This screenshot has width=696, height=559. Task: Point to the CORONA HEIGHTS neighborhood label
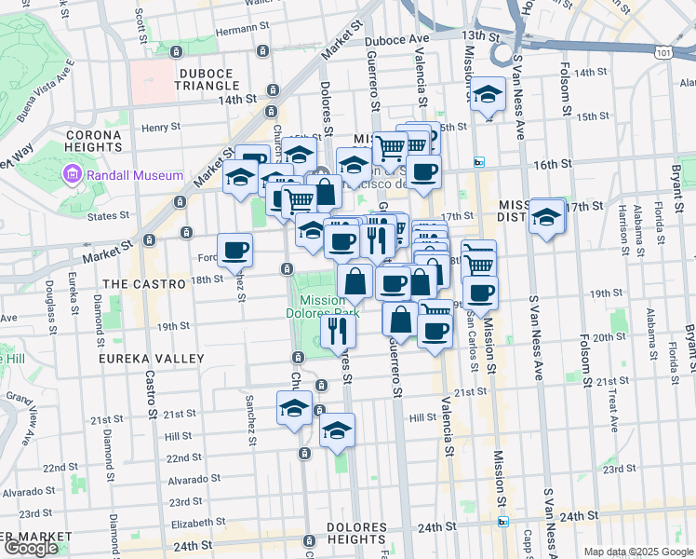coord(93,141)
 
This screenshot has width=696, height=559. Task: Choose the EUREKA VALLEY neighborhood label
coord(154,359)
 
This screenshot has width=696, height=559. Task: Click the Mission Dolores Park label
coord(323,307)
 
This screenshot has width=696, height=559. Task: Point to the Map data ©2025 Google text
coord(638,552)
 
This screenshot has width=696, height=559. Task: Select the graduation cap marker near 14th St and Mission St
coord(486,95)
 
